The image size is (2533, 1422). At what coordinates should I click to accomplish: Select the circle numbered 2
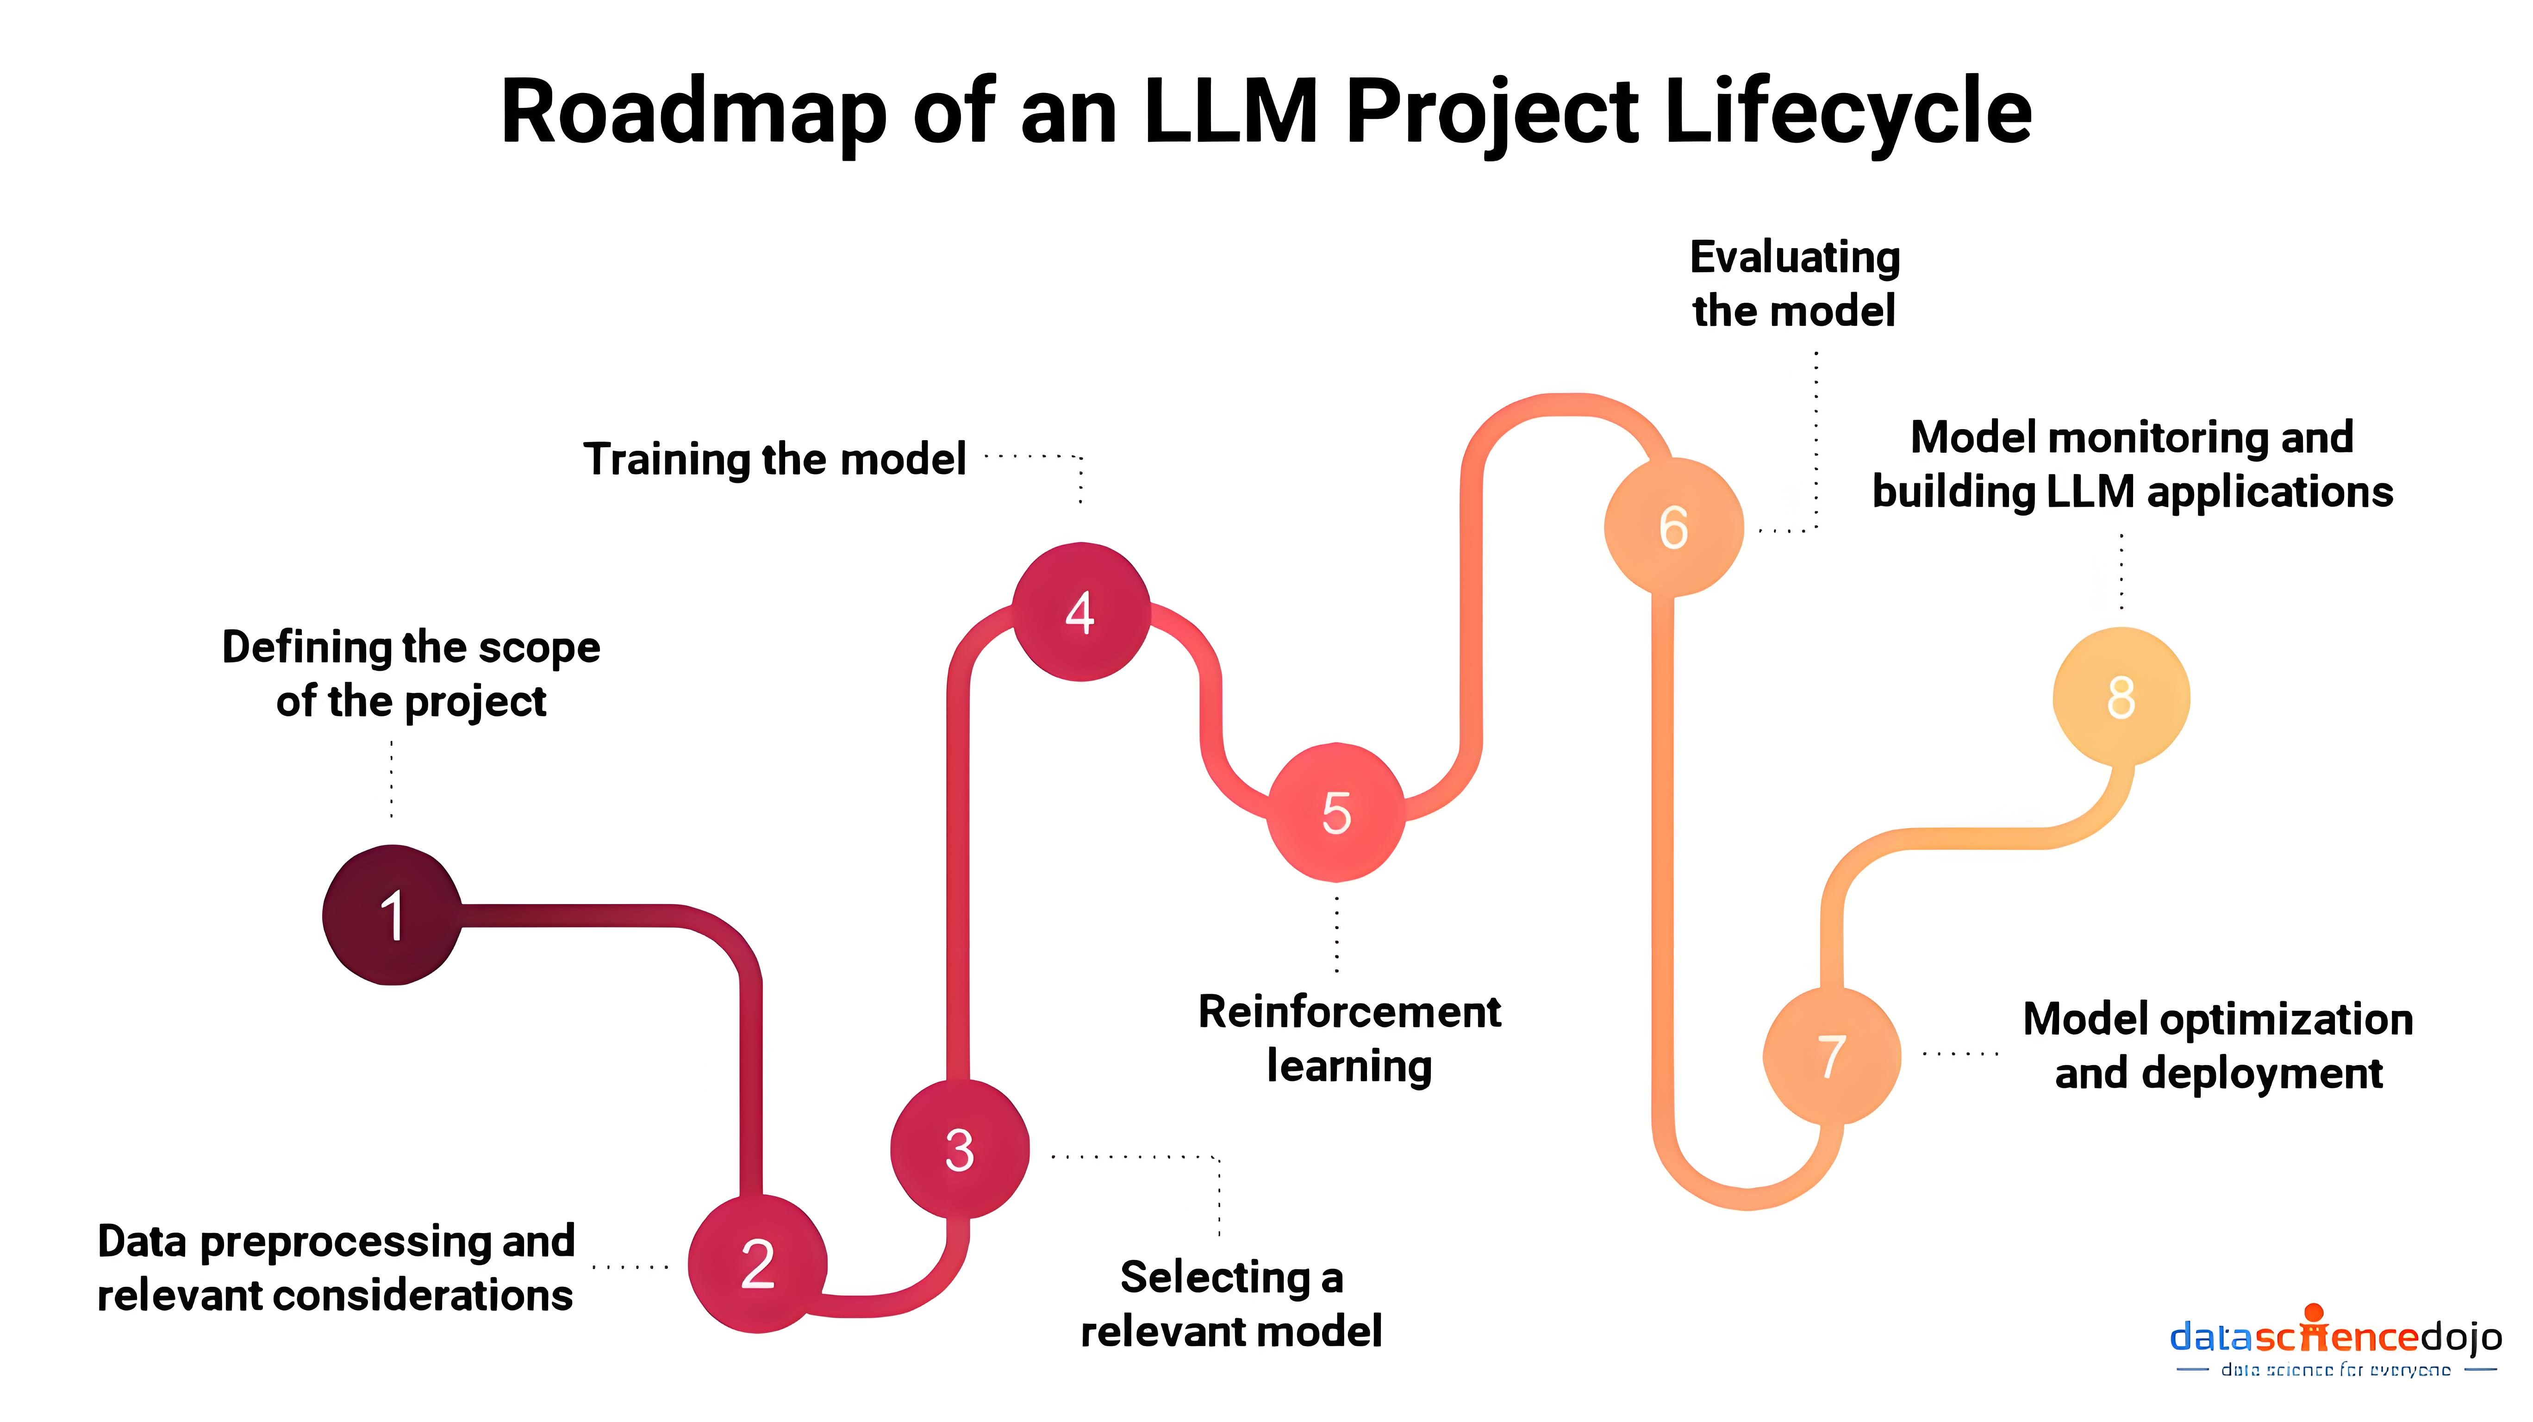point(757,1264)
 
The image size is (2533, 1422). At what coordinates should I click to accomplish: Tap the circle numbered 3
point(960,1148)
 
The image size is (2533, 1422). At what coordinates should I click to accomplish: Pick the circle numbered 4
point(1081,611)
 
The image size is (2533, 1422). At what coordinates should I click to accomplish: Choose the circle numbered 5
point(1335,812)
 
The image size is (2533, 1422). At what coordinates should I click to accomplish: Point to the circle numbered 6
point(1673,527)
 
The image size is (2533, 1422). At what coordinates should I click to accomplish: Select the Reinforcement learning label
point(1349,1038)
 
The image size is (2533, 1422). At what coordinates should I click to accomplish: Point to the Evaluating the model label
point(1795,283)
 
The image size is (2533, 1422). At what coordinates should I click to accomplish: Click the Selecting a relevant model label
point(1231,1304)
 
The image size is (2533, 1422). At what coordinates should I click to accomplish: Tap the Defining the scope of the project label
point(411,674)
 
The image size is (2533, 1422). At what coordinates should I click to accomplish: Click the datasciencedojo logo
point(2335,1342)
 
